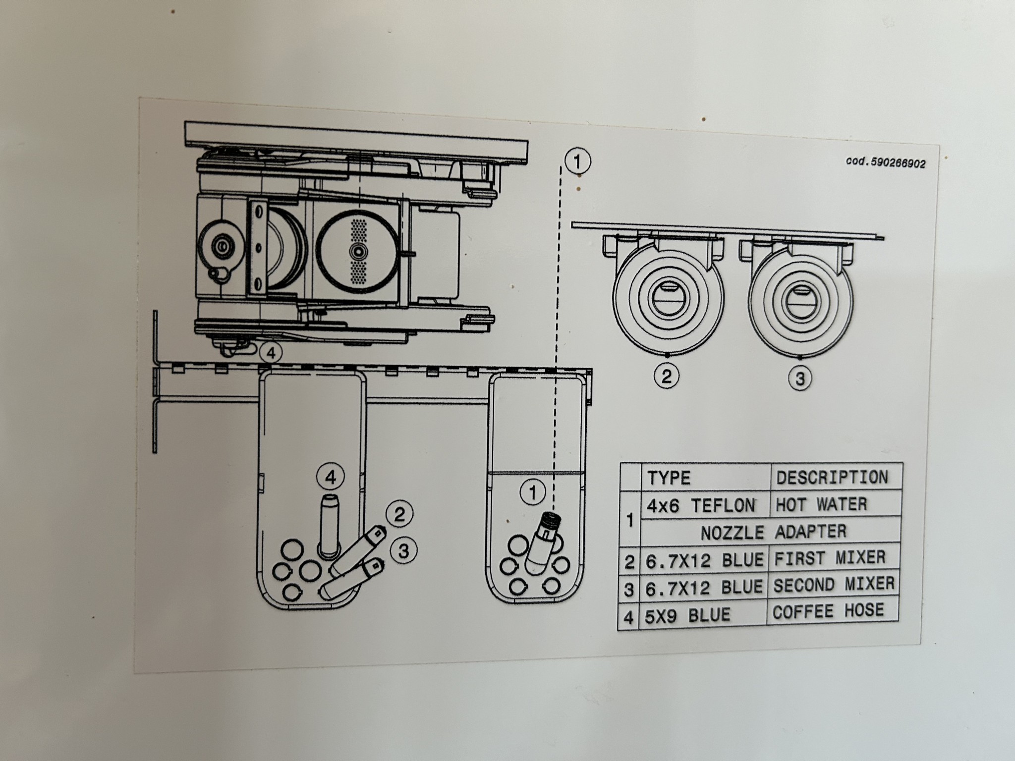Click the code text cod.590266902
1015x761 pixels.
885,163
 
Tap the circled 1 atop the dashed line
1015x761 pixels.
577,162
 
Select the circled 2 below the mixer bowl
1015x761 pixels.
667,377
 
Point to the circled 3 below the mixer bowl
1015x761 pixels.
800,379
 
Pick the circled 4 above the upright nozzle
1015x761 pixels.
331,477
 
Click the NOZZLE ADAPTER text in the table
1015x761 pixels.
773,532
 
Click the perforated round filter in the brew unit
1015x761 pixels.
357,251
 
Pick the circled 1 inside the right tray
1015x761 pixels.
533,493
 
